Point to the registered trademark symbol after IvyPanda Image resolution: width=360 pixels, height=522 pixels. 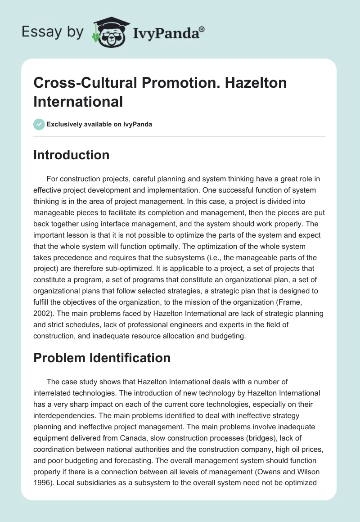coord(202,29)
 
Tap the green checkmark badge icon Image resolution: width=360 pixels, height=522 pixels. coord(39,124)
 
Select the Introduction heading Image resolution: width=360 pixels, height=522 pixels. coord(72,155)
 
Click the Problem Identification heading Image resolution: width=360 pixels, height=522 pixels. coord(102,358)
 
